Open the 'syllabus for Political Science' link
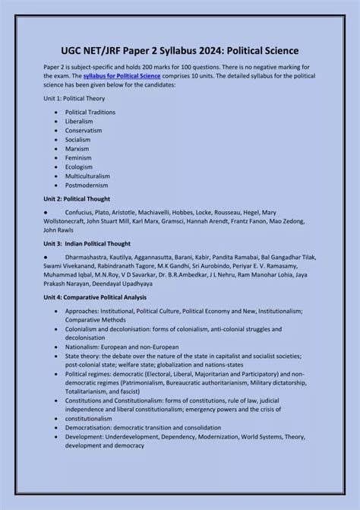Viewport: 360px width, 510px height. click(112, 77)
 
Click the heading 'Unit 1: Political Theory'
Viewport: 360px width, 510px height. click(74, 99)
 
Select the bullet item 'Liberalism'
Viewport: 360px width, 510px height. click(79, 121)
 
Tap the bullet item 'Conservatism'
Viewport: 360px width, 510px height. click(84, 130)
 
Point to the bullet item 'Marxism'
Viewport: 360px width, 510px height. click(77, 148)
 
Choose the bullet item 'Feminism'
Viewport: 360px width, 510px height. click(78, 157)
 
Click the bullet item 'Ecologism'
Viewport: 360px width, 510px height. click(79, 166)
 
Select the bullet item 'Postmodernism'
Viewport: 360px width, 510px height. click(87, 185)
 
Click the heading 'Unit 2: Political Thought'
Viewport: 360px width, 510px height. click(77, 198)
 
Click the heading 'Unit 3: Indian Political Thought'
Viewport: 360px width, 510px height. click(87, 243)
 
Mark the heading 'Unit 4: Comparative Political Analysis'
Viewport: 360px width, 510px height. click(95, 297)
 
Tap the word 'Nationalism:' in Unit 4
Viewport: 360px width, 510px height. click(83, 347)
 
